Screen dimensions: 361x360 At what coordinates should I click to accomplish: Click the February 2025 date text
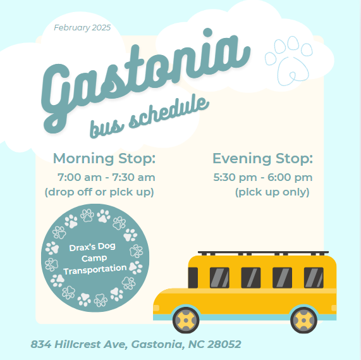coord(82,28)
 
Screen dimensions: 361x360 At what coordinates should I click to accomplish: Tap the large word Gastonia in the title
coord(145,80)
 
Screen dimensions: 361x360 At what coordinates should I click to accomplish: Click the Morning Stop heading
coord(104,158)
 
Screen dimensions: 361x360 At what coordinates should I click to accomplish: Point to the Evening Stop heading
coord(263,158)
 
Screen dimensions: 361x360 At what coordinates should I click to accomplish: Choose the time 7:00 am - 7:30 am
coord(106,177)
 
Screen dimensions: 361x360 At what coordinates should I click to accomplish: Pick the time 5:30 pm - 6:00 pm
coord(263,177)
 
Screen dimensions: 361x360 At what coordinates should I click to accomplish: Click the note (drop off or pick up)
coord(99,192)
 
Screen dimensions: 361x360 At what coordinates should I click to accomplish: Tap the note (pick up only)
coord(272,192)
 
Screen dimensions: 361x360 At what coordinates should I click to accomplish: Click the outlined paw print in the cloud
coord(289,61)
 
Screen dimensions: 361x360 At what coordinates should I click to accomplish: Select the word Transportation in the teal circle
coord(95,270)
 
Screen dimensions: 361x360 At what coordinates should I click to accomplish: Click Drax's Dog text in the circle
coord(92,247)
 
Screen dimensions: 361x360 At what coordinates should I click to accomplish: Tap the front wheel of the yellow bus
coord(186,320)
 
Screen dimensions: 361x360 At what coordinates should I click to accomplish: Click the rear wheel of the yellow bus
coord(303,320)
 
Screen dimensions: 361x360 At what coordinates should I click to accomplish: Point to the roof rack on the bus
coord(263,253)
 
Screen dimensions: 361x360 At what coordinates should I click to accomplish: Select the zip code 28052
coord(224,344)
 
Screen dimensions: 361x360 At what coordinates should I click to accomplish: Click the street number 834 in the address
coord(40,344)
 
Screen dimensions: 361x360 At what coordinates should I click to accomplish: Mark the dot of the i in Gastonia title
coord(208,32)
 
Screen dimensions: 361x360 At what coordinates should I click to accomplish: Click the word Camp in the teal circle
coord(94,258)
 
